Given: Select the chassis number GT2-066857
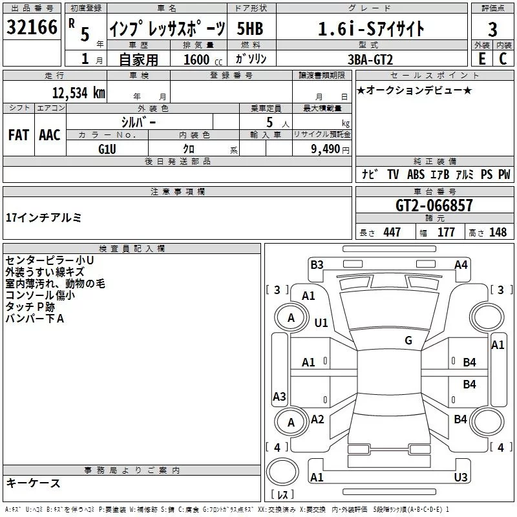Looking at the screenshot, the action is click(434, 206).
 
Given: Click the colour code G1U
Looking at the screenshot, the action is click(107, 149).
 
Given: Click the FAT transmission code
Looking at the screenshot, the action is click(19, 135).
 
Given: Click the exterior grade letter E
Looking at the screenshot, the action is click(481, 59).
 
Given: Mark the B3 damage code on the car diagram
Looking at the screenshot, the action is click(317, 264).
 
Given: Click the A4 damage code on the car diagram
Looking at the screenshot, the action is click(461, 264).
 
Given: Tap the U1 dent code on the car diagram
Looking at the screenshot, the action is click(321, 322).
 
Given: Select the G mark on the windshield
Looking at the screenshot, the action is click(408, 341).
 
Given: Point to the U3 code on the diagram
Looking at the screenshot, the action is click(460, 477).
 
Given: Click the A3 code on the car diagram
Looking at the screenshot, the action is click(279, 396).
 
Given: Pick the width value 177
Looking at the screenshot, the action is click(446, 233).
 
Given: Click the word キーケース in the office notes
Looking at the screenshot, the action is click(33, 483).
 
